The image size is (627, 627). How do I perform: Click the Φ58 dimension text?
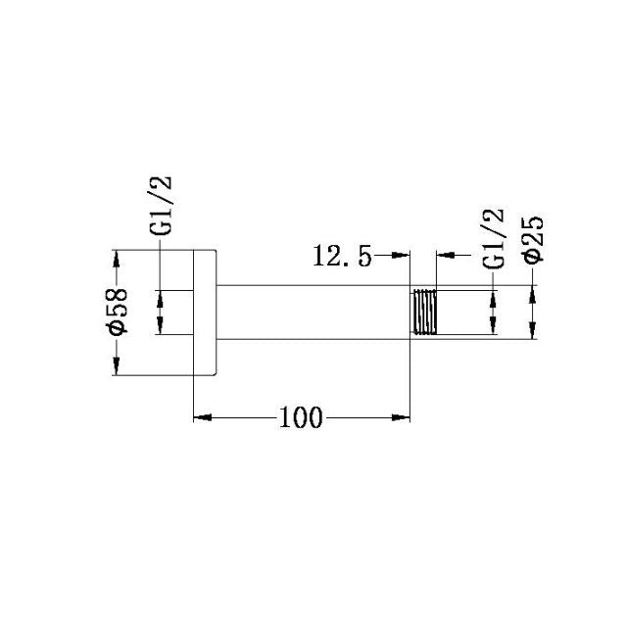pos(117,313)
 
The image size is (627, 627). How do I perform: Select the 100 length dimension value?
pos(301,418)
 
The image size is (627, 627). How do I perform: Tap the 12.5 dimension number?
pos(343,257)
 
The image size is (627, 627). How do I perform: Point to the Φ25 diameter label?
pos(535,237)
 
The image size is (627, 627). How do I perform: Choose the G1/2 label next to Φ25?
pos(494,237)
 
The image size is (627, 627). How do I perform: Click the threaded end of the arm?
pos(423,313)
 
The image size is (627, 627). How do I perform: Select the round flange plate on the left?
pos(204,313)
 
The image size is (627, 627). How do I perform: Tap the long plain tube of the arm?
pos(312,313)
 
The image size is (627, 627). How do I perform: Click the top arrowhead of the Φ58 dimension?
pos(117,260)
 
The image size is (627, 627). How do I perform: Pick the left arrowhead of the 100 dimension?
pos(201,418)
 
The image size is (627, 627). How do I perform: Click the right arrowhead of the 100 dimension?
pos(401,418)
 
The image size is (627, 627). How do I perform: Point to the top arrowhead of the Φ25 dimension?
pos(535,293)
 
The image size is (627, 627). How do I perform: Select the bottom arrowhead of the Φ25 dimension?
pos(535,331)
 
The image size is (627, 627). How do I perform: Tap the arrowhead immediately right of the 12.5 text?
pos(401,257)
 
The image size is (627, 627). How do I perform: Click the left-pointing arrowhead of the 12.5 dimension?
pos(444,257)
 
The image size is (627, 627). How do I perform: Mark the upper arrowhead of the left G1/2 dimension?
pos(163,298)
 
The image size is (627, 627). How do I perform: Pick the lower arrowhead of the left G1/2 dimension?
pos(163,327)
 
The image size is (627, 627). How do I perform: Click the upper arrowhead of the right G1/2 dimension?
pos(494,297)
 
